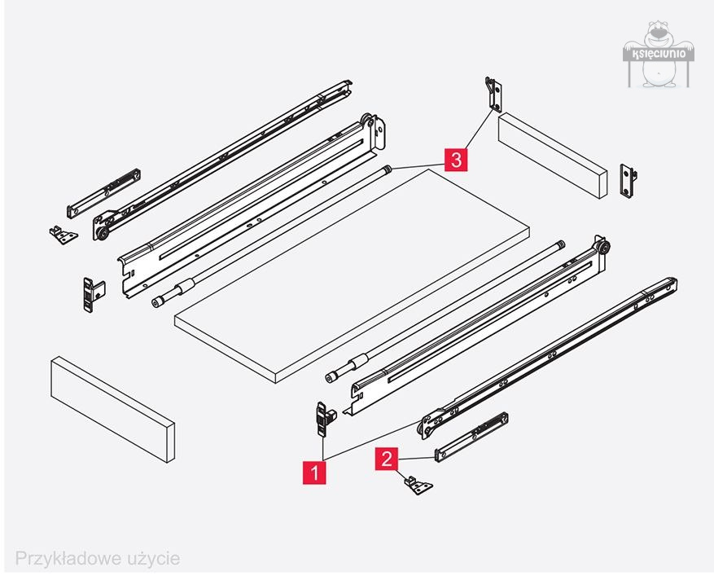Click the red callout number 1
pyautogui.click(x=314, y=472)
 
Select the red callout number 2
pyautogui.click(x=386, y=459)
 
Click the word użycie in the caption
pyautogui.click(x=151, y=559)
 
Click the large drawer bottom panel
pyautogui.click(x=350, y=277)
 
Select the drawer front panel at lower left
pyautogui.click(x=112, y=407)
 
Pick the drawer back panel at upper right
pyautogui.click(x=553, y=155)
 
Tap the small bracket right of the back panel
pyautogui.click(x=629, y=180)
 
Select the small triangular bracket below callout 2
pyautogui.click(x=418, y=486)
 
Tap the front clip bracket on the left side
pyautogui.click(x=91, y=293)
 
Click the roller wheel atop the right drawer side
pyautogui.click(x=601, y=248)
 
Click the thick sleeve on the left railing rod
pyautogui.click(x=184, y=288)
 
